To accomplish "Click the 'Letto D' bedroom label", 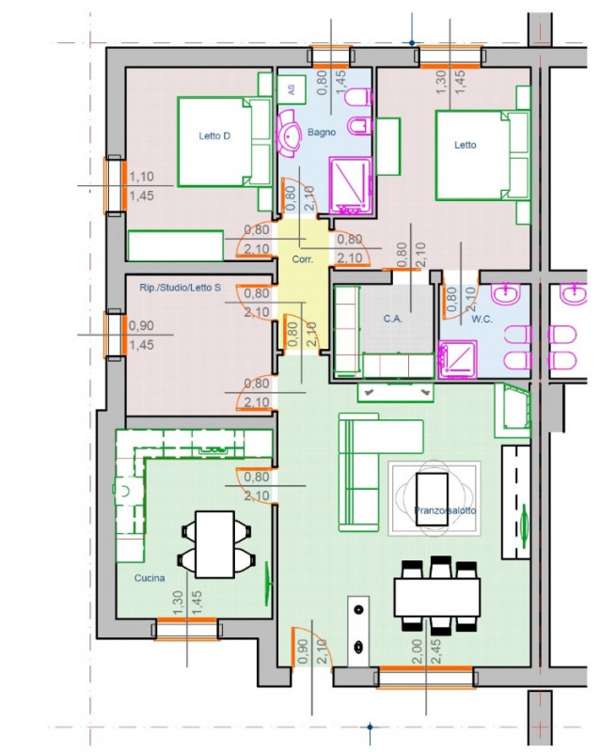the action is pos(214,136).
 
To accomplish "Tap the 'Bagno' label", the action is pos(322,132).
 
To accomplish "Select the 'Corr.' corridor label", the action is pos(303,259).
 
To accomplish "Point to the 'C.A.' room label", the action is pos(392,319).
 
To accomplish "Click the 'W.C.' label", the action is pos(482,319).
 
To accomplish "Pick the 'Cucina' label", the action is pos(150,578).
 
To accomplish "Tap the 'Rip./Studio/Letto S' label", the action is pos(180,288).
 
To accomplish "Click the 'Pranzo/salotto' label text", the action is pos(445,510).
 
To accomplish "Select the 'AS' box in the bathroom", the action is pos(292,89).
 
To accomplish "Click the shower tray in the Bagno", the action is pos(350,185).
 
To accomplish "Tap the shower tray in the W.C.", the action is pos(458,360).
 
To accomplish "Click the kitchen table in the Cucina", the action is pos(214,544).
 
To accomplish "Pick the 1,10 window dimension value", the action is pos(141,177).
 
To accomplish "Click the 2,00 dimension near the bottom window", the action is pos(418,650).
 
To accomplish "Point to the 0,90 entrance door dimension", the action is pos(302,651).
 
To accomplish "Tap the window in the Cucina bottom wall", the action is pos(187,628).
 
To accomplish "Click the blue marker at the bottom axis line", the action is pos(370,727).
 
